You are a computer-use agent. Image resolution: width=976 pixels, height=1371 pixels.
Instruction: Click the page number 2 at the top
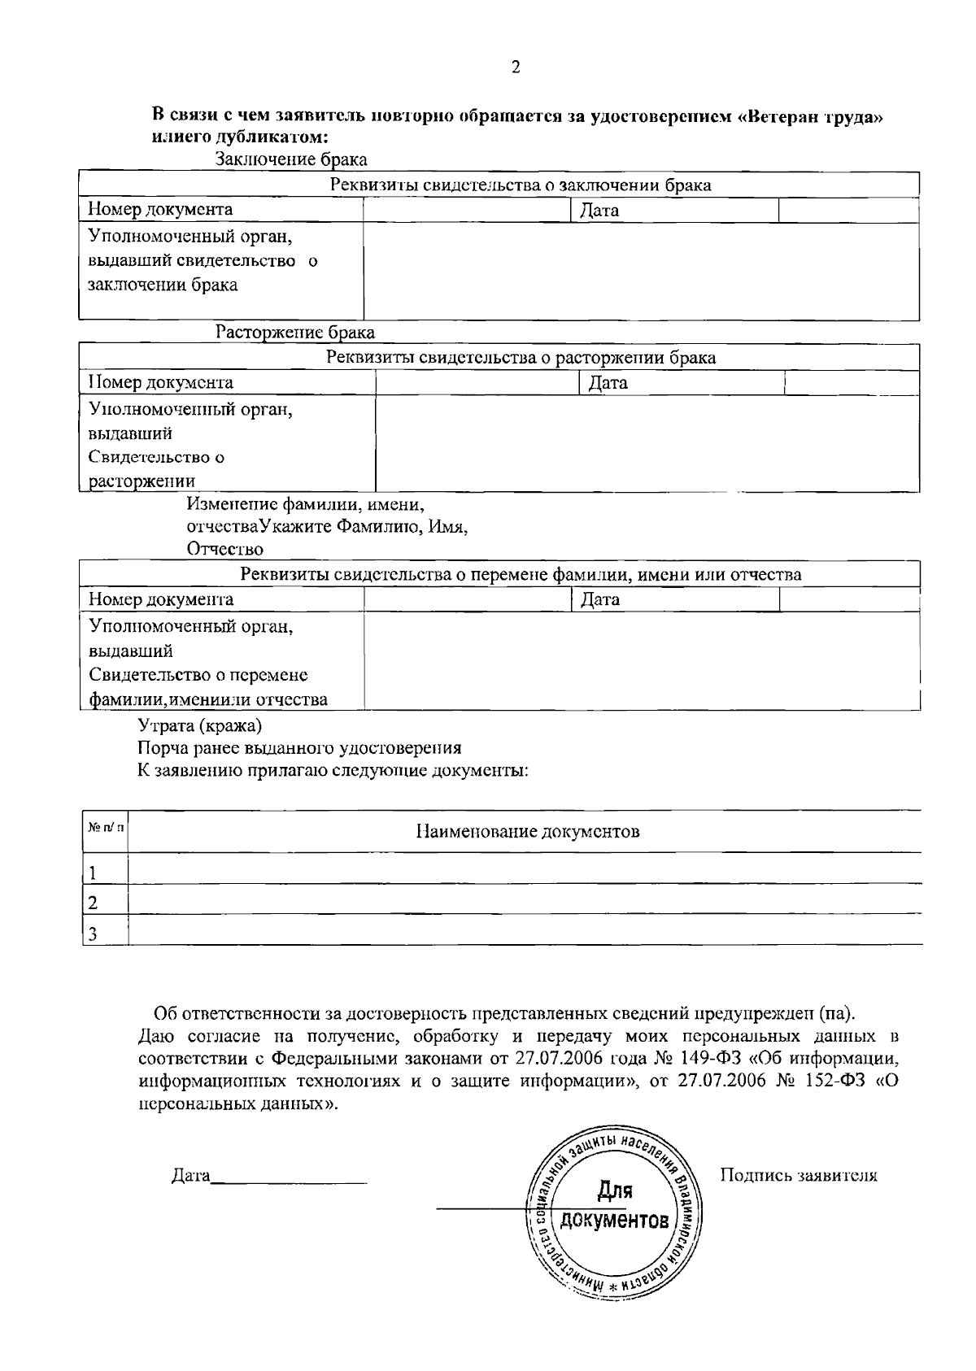[516, 68]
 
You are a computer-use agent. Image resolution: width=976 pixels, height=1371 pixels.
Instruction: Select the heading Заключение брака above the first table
[290, 159]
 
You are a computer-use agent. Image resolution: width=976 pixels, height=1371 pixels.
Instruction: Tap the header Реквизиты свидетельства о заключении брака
[521, 185]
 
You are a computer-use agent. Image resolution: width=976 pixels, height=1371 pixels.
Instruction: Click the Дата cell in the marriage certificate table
[599, 211]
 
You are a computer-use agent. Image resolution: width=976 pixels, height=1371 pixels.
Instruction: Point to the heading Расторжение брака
[294, 333]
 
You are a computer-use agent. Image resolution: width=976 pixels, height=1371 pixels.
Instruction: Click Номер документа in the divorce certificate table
[160, 382]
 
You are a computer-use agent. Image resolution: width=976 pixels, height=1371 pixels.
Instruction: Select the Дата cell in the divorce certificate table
[608, 383]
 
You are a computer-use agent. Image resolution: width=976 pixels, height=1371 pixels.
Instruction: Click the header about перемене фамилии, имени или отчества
[521, 575]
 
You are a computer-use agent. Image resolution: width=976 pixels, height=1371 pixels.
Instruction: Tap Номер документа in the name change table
[160, 600]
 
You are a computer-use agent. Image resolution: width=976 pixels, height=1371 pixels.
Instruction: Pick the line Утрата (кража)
[200, 725]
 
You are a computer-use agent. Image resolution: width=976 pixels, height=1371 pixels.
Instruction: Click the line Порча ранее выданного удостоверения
[299, 747]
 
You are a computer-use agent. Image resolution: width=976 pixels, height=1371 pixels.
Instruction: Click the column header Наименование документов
[527, 831]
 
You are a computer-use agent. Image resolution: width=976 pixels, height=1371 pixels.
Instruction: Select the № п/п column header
[106, 827]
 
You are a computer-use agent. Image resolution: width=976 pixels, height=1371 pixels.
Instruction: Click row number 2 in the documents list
[93, 902]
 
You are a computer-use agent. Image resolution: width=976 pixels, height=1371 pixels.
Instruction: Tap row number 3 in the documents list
[93, 934]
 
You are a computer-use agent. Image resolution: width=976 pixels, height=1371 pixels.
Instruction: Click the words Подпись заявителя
[799, 1176]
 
